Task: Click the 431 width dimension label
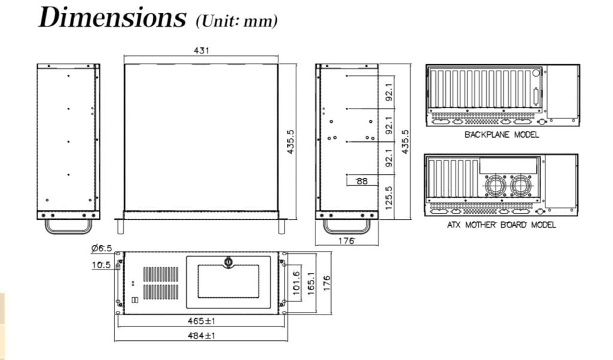(201, 50)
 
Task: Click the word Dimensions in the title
(112, 18)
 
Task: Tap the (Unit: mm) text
(236, 21)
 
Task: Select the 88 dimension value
(362, 181)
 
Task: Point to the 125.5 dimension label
(389, 198)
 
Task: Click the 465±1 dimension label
(201, 321)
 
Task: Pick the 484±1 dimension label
(201, 335)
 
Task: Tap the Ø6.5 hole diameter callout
(101, 248)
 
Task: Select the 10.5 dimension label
(101, 265)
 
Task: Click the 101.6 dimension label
(296, 283)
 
